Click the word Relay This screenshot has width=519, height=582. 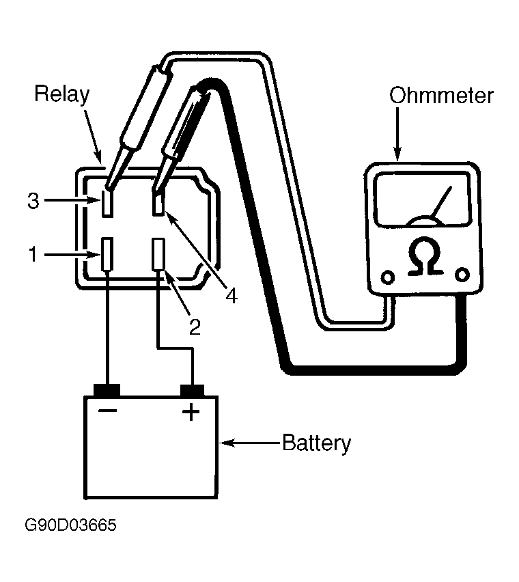tap(62, 95)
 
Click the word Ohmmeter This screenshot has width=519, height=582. tap(441, 96)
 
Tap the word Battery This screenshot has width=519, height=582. tap(316, 443)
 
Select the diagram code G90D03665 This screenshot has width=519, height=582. tap(70, 525)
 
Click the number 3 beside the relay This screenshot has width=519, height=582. tap(33, 201)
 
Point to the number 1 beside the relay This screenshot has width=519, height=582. tap(33, 254)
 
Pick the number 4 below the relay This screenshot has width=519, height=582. tap(232, 296)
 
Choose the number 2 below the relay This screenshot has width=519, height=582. tap(195, 327)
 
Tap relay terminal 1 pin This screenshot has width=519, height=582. tap(107, 254)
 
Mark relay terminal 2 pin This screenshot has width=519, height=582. tap(159, 254)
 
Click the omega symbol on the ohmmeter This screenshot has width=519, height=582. tap(425, 256)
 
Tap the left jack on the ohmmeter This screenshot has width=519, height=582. tap(388, 277)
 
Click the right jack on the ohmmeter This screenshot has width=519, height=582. tap(462, 275)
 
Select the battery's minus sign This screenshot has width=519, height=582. tap(108, 410)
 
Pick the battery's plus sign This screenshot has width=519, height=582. tap(191, 412)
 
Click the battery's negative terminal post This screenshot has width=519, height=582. tap(107, 390)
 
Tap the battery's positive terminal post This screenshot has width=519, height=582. tap(192, 391)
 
